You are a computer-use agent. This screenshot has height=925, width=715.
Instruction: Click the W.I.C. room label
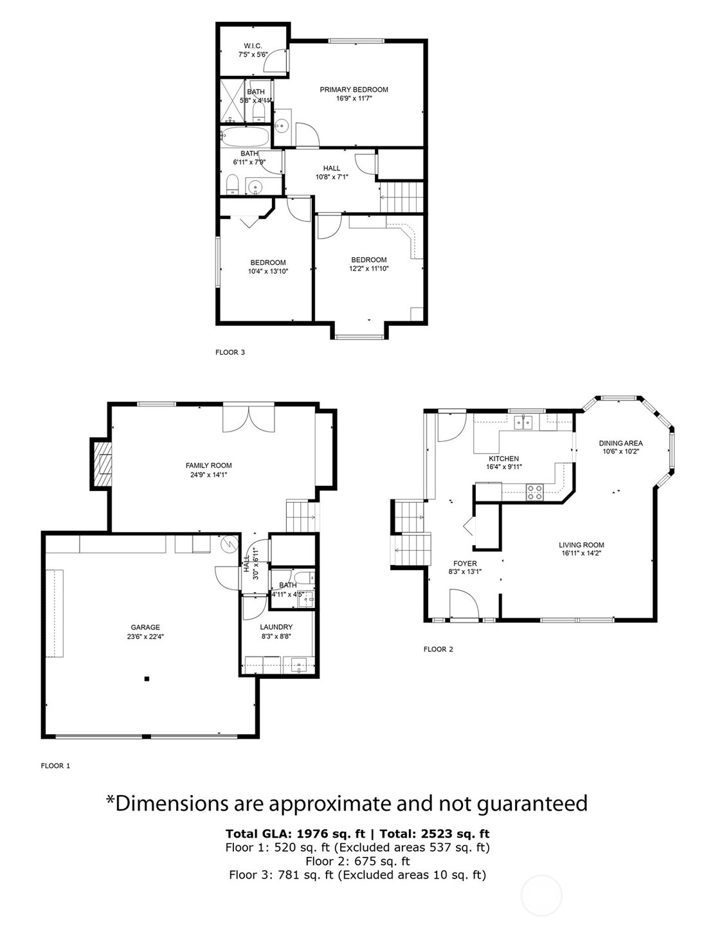point(253,46)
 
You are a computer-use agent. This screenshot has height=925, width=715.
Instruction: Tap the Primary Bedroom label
point(354,89)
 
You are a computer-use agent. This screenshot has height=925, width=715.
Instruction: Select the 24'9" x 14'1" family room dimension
point(208,474)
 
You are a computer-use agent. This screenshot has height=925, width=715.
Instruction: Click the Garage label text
point(145,627)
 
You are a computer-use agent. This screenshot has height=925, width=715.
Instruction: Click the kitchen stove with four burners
point(535,492)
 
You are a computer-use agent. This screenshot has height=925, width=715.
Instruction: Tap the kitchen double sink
point(523,423)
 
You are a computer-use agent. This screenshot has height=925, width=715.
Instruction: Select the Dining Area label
point(621,443)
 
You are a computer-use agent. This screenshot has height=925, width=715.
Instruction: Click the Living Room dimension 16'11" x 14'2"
point(581,553)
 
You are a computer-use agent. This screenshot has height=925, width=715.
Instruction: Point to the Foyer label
point(465,564)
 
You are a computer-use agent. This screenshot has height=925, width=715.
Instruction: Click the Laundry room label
point(276,627)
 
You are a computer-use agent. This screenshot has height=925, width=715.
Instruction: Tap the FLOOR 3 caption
point(230,352)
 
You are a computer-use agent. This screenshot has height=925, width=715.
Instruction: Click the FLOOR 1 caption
point(56,766)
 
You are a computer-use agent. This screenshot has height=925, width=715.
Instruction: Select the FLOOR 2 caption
point(439,649)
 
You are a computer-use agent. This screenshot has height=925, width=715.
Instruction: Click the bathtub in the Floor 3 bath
point(245,137)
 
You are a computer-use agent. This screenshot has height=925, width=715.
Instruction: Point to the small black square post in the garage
point(147,679)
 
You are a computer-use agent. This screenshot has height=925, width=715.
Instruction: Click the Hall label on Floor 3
point(332,168)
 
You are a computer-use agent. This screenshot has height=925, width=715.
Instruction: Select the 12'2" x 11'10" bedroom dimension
point(369,269)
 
